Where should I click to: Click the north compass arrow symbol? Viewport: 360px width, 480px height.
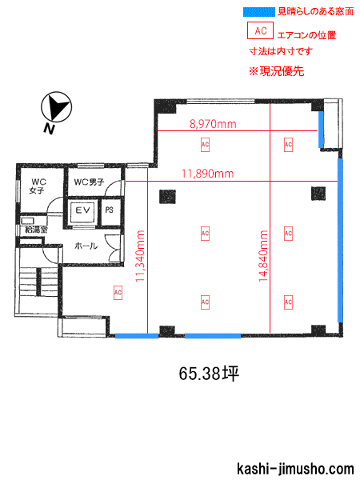[57, 107]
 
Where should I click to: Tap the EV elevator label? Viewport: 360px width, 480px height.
[82, 210]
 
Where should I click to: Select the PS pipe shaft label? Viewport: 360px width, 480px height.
[109, 210]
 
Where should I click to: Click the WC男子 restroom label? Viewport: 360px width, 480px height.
[89, 182]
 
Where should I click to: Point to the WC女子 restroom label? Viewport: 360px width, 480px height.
[37, 186]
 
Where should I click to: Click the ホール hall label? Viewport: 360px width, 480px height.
[86, 246]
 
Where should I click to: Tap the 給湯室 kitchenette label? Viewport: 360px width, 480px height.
[35, 230]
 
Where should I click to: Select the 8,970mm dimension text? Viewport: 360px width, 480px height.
[213, 124]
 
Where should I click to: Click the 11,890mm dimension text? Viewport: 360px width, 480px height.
[208, 174]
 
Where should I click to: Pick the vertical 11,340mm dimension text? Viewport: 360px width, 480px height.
[140, 256]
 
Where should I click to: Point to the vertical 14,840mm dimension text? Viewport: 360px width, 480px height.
[263, 256]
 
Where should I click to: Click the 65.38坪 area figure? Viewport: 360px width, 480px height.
[209, 374]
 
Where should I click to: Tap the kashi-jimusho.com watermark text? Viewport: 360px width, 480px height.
[295, 469]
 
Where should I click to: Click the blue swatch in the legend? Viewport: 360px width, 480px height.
[259, 12]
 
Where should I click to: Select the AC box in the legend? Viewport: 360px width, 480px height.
[260, 30]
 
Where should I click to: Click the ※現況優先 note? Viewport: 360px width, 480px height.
[277, 71]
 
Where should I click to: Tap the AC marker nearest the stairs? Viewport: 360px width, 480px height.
[118, 293]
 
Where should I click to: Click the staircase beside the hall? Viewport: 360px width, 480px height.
[38, 282]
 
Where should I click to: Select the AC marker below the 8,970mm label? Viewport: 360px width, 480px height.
[205, 145]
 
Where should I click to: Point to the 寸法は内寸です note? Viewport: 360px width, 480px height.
[281, 51]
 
